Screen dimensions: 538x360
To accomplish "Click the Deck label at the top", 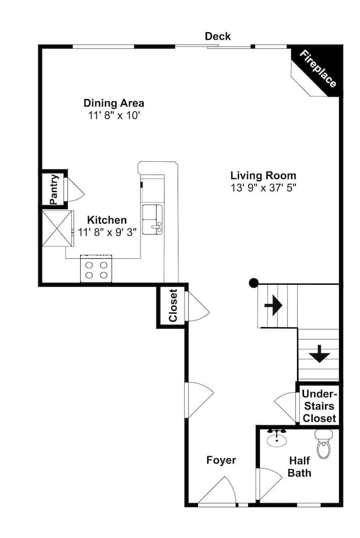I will [x=217, y=36].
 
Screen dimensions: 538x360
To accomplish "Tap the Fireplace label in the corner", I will [x=318, y=69].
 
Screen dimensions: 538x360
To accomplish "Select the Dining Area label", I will [x=114, y=103].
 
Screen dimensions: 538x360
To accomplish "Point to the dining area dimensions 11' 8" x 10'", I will [x=114, y=115].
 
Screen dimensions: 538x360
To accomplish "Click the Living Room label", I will [x=263, y=175].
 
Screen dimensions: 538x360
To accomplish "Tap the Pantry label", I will [x=53, y=189].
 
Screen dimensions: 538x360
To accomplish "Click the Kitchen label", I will [x=107, y=220].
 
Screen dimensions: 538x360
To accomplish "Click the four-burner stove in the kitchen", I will [x=96, y=269].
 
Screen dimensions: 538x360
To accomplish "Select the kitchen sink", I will [x=152, y=219].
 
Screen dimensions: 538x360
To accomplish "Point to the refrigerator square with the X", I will [x=57, y=228].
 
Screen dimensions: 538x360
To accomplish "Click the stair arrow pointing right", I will [x=273, y=306].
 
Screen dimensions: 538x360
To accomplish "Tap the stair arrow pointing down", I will [x=320, y=354].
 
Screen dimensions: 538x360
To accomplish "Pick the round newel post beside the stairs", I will [x=253, y=282].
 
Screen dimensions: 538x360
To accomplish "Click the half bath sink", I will [x=277, y=438].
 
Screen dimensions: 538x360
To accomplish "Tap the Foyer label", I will [x=221, y=461].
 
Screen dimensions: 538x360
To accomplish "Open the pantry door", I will [x=74, y=189].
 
